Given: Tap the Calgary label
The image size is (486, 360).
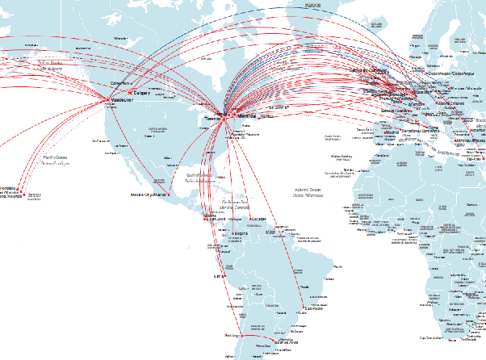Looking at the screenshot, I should [x=142, y=93].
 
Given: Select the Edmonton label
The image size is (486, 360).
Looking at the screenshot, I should [x=119, y=82].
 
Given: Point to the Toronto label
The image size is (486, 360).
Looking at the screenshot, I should [x=212, y=118].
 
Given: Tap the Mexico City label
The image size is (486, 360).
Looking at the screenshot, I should [x=150, y=195].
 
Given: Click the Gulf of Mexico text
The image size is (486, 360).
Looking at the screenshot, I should [x=198, y=175].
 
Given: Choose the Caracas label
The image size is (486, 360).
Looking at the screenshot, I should [x=259, y=220].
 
